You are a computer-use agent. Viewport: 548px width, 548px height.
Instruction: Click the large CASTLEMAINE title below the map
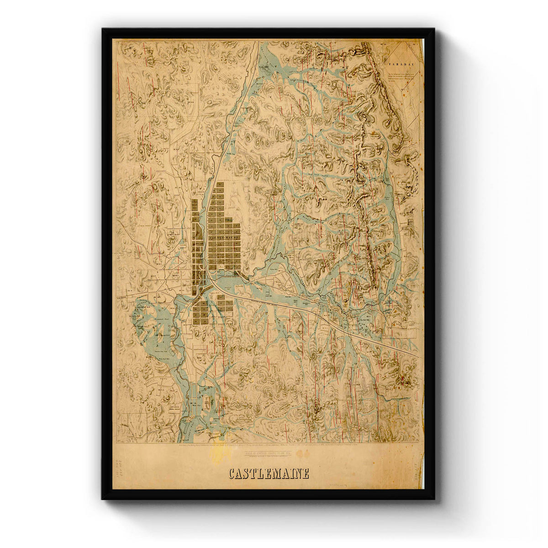coord(269,474)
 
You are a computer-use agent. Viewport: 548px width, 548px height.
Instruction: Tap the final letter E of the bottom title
coord(306,474)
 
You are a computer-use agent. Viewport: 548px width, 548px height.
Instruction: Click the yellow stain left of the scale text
coord(224,453)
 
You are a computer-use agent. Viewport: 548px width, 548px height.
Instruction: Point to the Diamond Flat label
coord(161,320)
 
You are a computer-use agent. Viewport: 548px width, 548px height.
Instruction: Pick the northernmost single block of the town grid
coord(220,185)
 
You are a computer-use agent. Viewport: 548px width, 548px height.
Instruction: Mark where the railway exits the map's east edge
coord(418,357)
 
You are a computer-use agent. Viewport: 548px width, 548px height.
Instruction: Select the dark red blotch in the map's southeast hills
coord(404,378)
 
